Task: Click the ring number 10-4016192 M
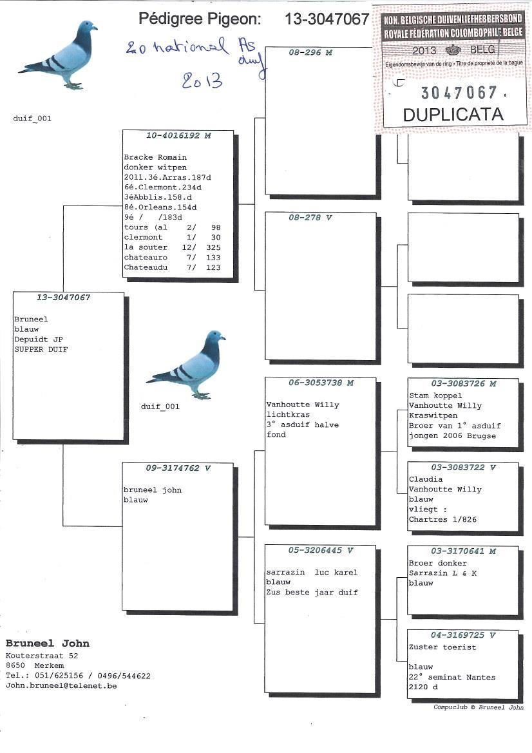pyautogui.click(x=178, y=136)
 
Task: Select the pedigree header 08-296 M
pyautogui.click(x=310, y=53)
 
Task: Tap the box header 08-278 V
pyautogui.click(x=310, y=218)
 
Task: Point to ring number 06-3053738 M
pyautogui.click(x=321, y=383)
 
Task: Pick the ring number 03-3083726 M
pyautogui.click(x=464, y=384)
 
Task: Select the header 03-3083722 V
pyautogui.click(x=464, y=468)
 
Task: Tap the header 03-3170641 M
pyautogui.click(x=464, y=551)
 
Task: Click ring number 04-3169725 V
pyautogui.click(x=464, y=635)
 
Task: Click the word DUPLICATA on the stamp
pyautogui.click(x=453, y=115)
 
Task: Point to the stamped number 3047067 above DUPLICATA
pyautogui.click(x=459, y=93)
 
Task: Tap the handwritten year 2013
pyautogui.click(x=202, y=81)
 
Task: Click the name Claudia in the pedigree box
pyautogui.click(x=426, y=479)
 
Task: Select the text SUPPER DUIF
pyautogui.click(x=41, y=349)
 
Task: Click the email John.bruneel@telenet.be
pyautogui.click(x=62, y=686)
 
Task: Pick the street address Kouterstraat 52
pyautogui.click(x=42, y=655)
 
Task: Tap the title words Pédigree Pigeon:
pyautogui.click(x=200, y=19)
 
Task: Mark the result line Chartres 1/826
pyautogui.click(x=443, y=519)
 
